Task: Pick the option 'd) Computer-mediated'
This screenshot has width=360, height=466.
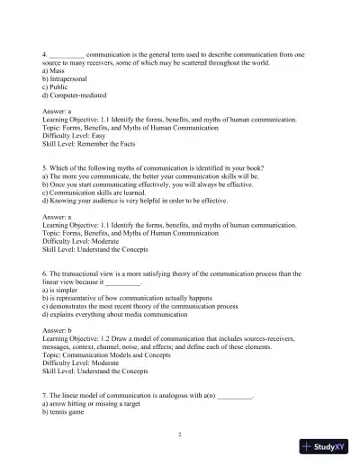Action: [x=80, y=98]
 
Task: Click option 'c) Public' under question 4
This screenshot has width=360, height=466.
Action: [x=59, y=88]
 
